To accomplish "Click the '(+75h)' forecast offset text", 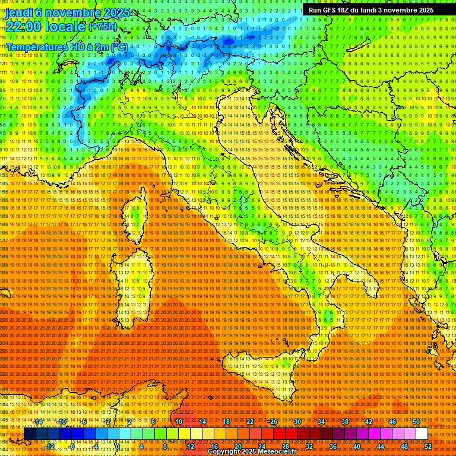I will pyautogui.click(x=103, y=27).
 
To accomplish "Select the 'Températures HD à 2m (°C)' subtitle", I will pyautogui.click(x=66, y=46).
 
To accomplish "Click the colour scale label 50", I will pyautogui.click(x=416, y=422).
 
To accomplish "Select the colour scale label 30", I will pyautogui.click(x=297, y=422).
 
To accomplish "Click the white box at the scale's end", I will pyautogui.click(x=422, y=433).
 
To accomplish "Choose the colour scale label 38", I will pyautogui.click(x=344, y=422).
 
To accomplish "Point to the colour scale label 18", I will pyautogui.click(x=226, y=422).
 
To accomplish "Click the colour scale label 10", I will pyautogui.click(x=178, y=422).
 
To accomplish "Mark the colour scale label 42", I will pyautogui.click(x=368, y=422).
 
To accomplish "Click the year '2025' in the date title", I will pyautogui.click(x=102, y=12).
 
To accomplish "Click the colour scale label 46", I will pyautogui.click(x=392, y=422).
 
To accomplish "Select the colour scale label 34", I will pyautogui.click(x=321, y=422).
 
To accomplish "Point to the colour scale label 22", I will pyautogui.click(x=249, y=422).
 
